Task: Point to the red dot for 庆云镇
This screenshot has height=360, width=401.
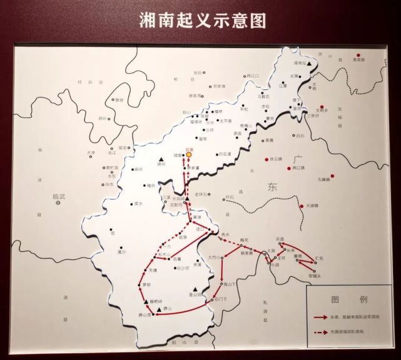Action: tap(266, 158)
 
